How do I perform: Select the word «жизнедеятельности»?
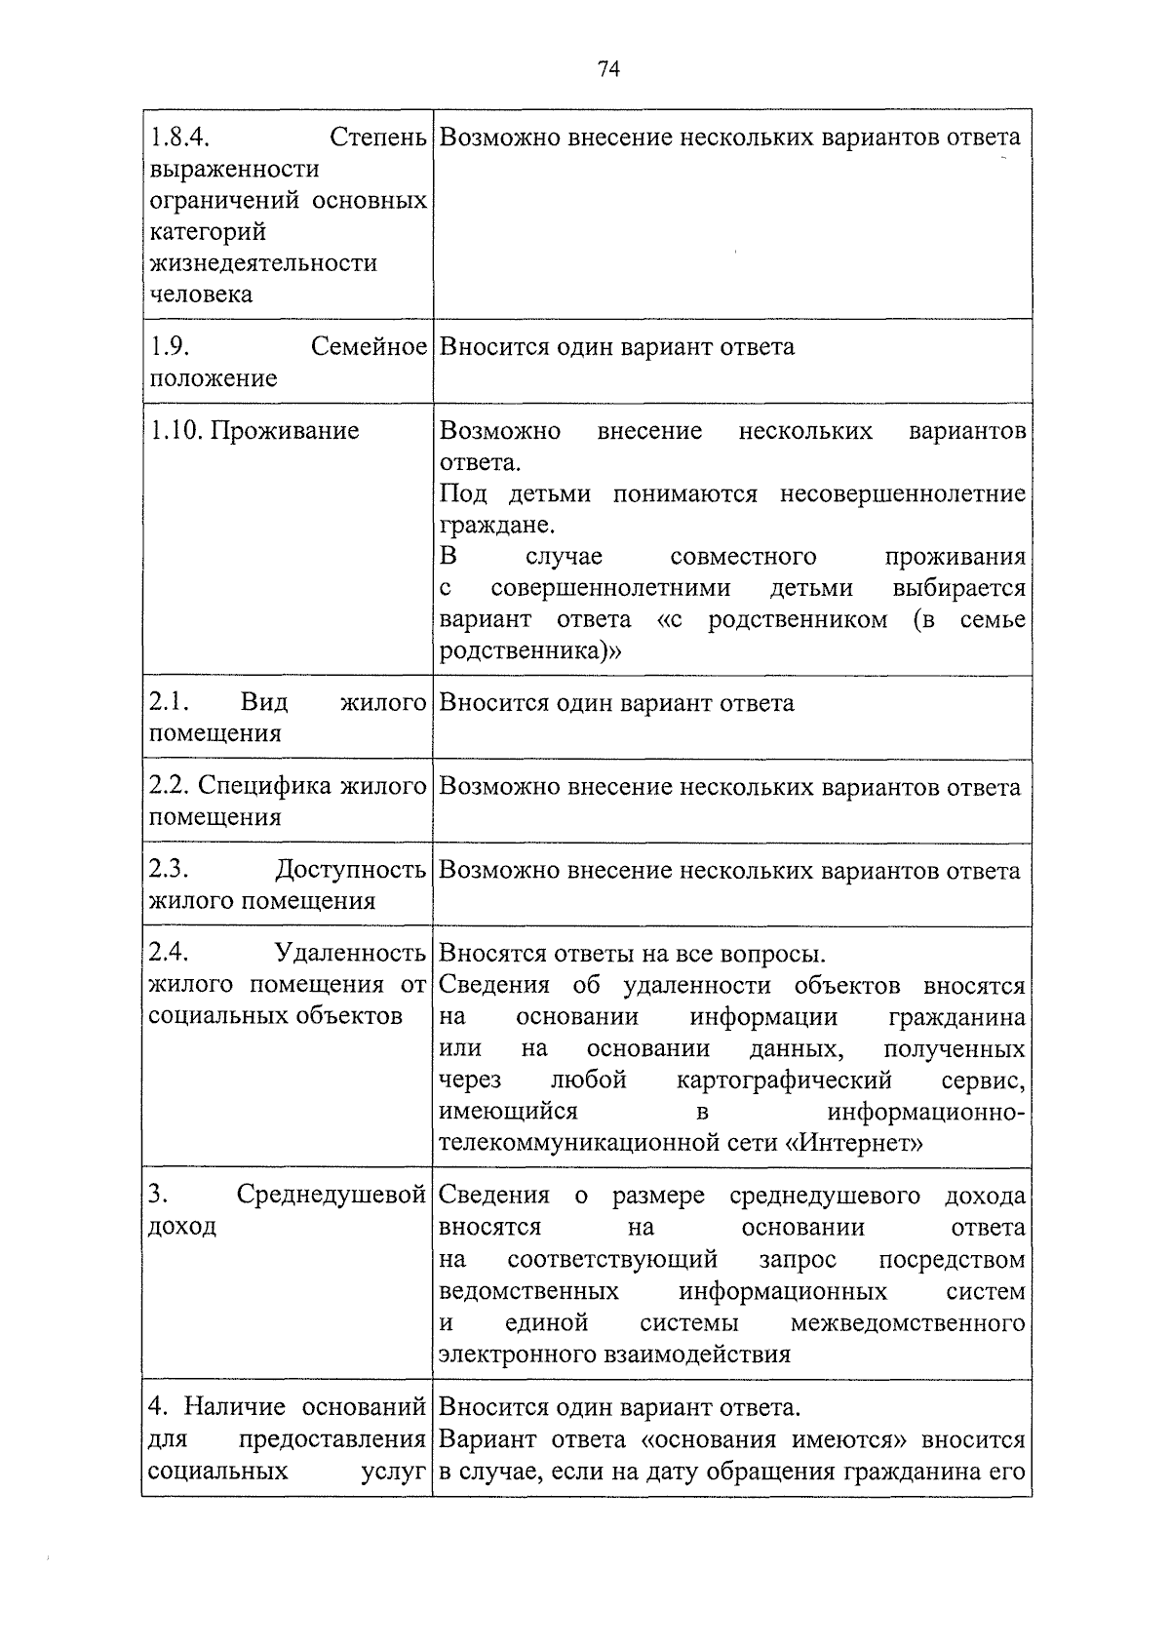(262, 263)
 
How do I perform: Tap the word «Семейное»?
(369, 347)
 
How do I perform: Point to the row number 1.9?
(169, 347)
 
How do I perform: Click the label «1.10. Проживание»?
(253, 431)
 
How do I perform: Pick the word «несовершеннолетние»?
(902, 494)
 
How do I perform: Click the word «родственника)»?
(529, 651)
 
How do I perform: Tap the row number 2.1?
(169, 703)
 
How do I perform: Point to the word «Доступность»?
(350, 870)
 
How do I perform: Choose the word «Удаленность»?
(350, 953)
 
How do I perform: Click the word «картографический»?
(784, 1080)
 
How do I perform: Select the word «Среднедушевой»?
(331, 1196)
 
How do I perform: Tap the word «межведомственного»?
(908, 1323)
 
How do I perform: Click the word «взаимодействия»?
(697, 1355)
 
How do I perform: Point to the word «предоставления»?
(331, 1439)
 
